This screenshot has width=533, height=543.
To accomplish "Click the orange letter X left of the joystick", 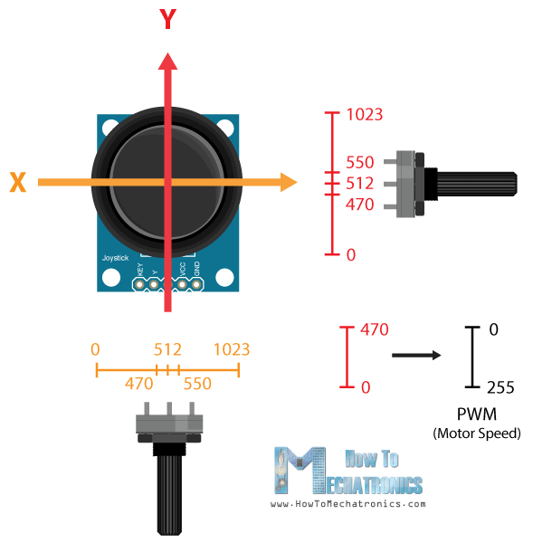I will [x=17, y=183].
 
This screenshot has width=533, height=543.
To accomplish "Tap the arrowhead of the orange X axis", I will [x=288, y=183].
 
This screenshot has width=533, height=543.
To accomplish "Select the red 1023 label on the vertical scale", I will [x=365, y=115].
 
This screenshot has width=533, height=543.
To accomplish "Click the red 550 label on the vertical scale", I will [x=359, y=164].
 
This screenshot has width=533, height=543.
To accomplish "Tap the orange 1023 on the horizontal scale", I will [x=231, y=349].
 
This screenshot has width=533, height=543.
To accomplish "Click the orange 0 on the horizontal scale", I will [x=95, y=349].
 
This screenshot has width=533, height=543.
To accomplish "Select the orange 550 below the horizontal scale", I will [x=197, y=384].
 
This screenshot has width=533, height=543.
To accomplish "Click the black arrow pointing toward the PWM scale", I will [x=416, y=356].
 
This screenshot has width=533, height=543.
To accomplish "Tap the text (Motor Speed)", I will [x=477, y=433].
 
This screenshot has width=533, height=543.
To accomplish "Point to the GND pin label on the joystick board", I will [x=195, y=269].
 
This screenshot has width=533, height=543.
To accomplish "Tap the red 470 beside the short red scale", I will [x=374, y=329].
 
